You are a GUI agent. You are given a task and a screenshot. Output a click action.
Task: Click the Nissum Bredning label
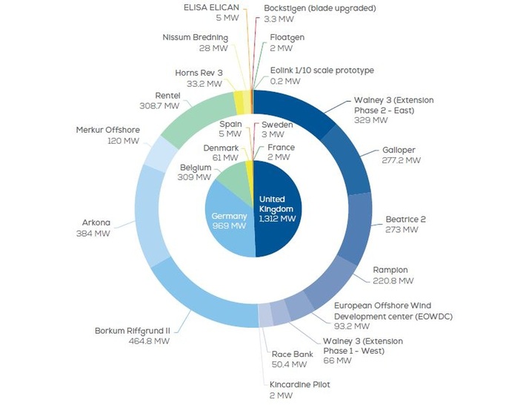tap(195, 36)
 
